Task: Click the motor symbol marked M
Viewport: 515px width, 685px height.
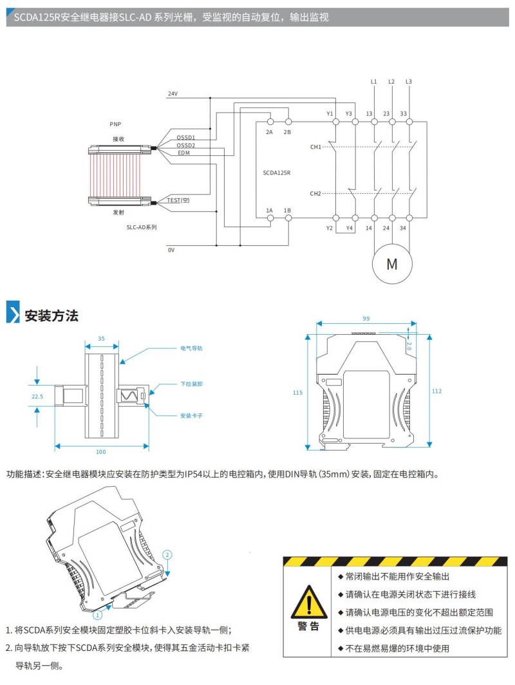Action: click(x=391, y=263)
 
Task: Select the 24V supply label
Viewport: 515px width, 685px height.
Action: click(x=173, y=94)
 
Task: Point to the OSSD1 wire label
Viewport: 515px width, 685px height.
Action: click(x=186, y=138)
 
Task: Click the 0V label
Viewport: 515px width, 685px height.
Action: click(x=171, y=250)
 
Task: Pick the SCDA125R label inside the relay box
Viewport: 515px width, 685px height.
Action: click(x=277, y=173)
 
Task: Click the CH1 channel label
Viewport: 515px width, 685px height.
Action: click(x=315, y=147)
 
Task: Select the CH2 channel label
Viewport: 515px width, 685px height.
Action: click(x=315, y=194)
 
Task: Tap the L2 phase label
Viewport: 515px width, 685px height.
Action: click(x=391, y=82)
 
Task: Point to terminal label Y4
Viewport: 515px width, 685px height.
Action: click(x=350, y=228)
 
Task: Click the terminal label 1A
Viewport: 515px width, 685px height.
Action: click(x=270, y=211)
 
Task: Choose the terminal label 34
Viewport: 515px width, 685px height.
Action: click(x=403, y=228)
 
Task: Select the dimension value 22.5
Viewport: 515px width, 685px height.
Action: click(x=37, y=397)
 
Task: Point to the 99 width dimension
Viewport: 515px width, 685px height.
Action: click(x=366, y=319)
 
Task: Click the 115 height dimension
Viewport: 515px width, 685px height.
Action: click(x=297, y=392)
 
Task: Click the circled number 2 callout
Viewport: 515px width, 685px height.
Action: click(x=167, y=554)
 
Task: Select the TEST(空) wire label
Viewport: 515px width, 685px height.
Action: click(x=178, y=200)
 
